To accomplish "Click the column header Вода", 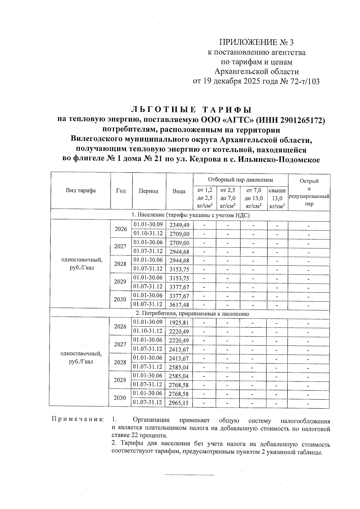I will pos(179,191).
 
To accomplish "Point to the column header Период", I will pos(148,191).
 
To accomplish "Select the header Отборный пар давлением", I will pos(241,180).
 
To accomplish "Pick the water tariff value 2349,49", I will pos(179,225).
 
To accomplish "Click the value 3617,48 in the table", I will pos(179,305).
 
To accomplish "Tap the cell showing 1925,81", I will pos(179,323).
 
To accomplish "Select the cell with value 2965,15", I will pos(178,403).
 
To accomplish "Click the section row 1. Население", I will pos(190,215).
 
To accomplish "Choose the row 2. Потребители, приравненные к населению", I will pos(192,314).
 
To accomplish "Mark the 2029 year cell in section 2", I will pos(120,380).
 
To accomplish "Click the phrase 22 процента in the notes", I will pos(149,435).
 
